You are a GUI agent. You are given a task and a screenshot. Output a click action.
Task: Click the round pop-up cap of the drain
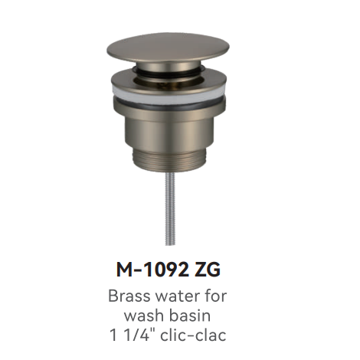168,48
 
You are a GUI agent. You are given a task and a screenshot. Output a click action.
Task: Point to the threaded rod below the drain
170,209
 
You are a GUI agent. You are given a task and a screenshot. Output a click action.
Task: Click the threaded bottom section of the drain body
170,159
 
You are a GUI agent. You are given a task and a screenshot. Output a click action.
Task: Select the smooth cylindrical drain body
169,133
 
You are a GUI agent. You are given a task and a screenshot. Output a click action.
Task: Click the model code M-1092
152,270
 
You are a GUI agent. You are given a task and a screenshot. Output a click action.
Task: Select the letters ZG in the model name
207,270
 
